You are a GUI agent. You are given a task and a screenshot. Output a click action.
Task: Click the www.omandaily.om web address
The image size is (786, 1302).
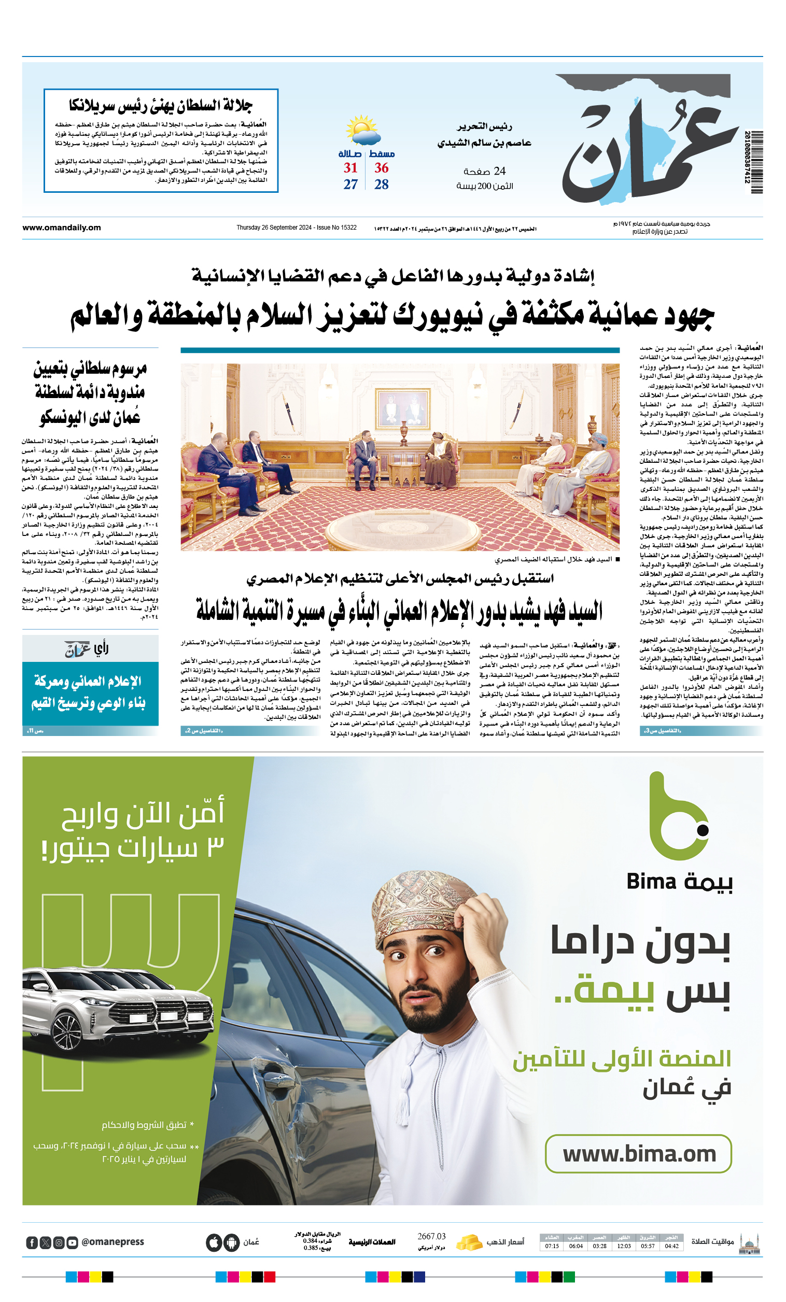[x=61, y=228]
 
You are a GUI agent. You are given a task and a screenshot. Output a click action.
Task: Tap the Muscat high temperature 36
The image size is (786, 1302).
[x=381, y=168]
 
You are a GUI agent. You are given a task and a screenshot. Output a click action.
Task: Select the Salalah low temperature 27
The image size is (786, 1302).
[x=350, y=185]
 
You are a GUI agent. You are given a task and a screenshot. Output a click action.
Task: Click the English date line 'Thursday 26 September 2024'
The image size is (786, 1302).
[x=296, y=228]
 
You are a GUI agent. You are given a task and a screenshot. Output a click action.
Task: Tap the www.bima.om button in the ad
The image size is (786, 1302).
[x=638, y=1154]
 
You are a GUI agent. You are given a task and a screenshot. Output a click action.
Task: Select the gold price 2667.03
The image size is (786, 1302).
[x=431, y=1237]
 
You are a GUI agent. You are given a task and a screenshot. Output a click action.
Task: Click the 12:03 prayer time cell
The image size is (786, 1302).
[x=624, y=1246]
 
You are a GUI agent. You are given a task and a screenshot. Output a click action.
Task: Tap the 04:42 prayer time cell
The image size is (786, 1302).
[x=671, y=1246]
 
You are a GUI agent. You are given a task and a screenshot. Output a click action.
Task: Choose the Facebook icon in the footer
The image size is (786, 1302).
[x=32, y=1242]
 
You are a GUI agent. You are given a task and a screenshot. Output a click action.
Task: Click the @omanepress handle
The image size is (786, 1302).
[x=113, y=1242]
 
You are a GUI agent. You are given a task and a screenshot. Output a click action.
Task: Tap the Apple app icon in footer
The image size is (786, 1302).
[x=213, y=1242]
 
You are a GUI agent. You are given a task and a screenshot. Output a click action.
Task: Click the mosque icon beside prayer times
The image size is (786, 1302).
[x=750, y=1242]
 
